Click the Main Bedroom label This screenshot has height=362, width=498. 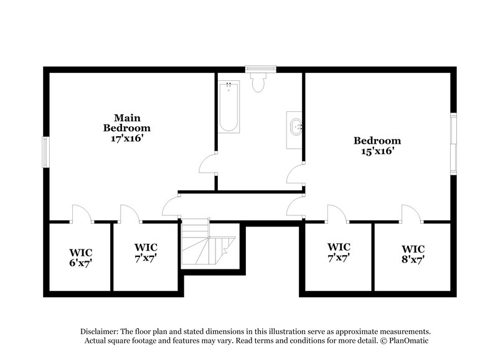(x=126, y=123)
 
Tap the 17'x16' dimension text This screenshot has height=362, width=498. (x=127, y=138)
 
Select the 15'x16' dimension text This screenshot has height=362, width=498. (x=377, y=151)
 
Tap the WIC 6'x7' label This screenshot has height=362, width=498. (x=81, y=258)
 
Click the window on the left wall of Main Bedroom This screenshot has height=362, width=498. (x=45, y=152)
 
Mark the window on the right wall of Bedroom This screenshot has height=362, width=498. (x=454, y=144)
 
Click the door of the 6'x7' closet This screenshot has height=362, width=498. (x=82, y=213)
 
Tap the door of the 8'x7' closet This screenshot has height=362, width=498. (x=411, y=213)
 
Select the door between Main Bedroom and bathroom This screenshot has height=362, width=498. (x=208, y=165)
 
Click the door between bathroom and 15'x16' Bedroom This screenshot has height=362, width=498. (x=295, y=175)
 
